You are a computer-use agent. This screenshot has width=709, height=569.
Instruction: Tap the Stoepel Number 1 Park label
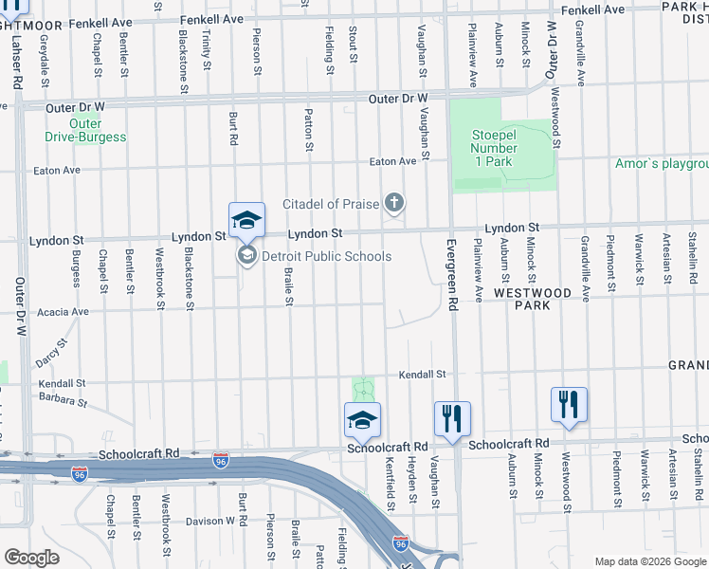point(495,148)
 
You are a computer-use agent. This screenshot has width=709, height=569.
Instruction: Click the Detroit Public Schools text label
point(326,256)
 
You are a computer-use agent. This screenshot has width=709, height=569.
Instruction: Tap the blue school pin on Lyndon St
point(245,221)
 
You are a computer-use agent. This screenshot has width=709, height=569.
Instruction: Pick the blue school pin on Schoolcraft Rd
point(362,420)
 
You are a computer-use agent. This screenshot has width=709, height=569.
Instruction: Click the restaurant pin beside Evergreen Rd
point(452,418)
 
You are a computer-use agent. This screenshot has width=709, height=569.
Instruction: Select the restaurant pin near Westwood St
point(569,404)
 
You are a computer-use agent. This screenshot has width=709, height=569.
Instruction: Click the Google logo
point(31,558)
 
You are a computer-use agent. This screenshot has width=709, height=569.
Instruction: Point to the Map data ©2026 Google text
point(649,561)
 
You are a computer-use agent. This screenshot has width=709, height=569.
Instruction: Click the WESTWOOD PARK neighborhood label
point(532,300)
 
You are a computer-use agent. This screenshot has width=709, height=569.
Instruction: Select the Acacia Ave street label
point(63,311)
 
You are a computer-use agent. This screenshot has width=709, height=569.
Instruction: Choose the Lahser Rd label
point(18,64)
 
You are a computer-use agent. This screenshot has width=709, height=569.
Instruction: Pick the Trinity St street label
point(208,48)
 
